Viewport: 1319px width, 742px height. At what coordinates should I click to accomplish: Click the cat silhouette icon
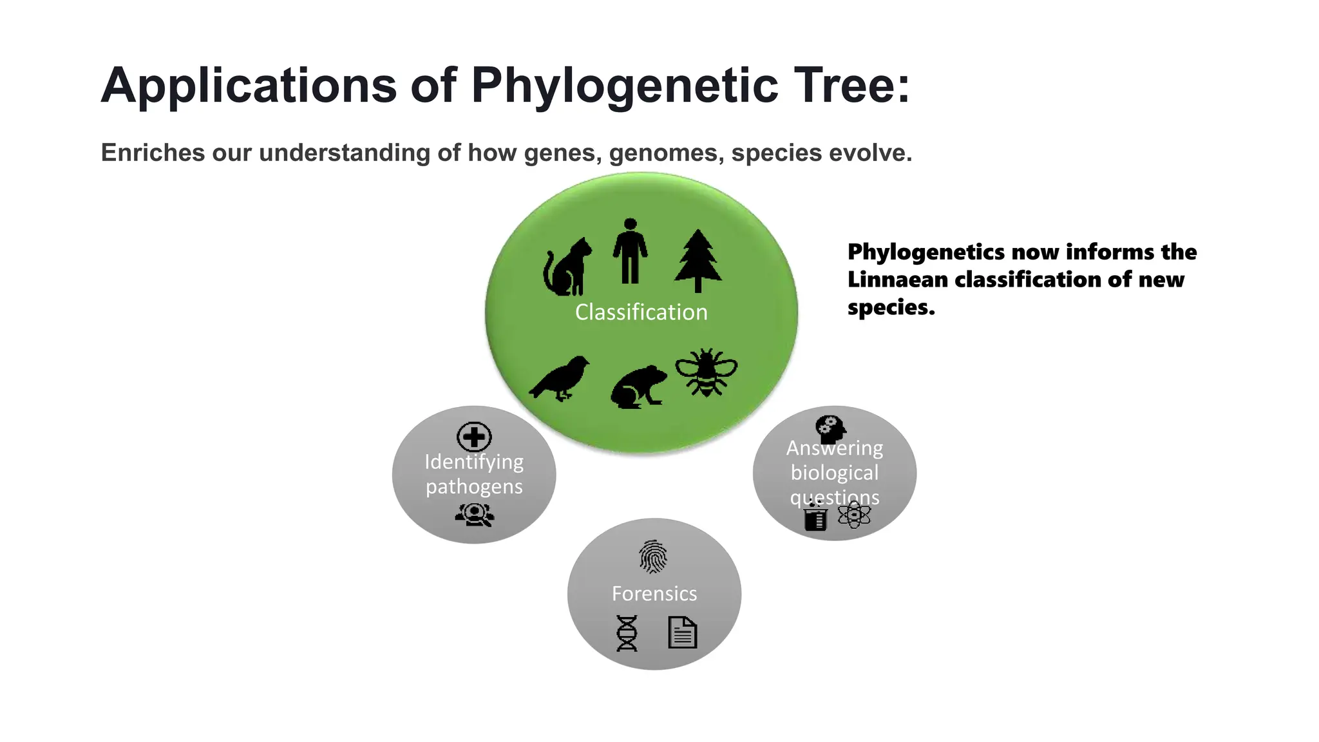tap(567, 267)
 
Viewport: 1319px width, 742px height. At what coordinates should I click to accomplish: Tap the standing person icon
tap(630, 252)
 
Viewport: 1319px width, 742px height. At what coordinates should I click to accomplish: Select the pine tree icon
tap(697, 261)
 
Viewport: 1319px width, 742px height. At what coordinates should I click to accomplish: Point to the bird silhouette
tap(560, 378)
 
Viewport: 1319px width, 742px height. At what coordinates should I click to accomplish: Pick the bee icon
tap(706, 372)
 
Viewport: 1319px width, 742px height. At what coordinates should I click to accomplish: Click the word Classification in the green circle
tap(641, 312)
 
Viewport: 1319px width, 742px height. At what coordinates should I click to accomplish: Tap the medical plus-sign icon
tap(474, 437)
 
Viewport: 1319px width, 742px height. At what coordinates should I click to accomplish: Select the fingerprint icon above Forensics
tap(653, 556)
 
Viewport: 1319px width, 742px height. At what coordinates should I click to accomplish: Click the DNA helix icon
tap(627, 633)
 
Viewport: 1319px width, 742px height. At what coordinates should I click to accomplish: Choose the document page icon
tap(683, 632)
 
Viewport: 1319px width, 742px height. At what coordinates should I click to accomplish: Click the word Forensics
tap(654, 593)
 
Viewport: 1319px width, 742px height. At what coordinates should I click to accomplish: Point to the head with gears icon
tap(830, 428)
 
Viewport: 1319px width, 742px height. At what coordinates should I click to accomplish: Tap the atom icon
tap(854, 515)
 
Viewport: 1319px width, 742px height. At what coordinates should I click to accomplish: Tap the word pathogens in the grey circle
tap(474, 486)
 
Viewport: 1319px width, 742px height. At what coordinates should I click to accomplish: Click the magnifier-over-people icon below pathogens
tap(475, 515)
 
